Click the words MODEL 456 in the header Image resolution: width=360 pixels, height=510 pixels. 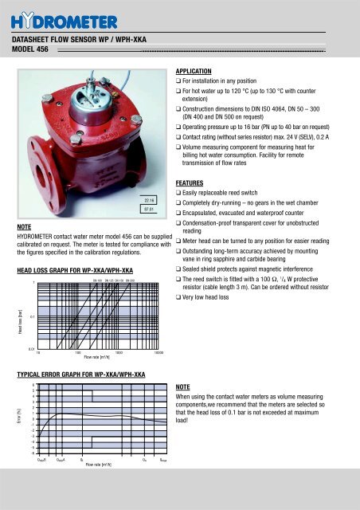pyautogui.click(x=30, y=47)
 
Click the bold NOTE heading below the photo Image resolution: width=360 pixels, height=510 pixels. pyautogui.click(x=24, y=226)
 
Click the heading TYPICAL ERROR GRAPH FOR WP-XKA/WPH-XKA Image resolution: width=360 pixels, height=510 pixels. pyautogui.click(x=76, y=373)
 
